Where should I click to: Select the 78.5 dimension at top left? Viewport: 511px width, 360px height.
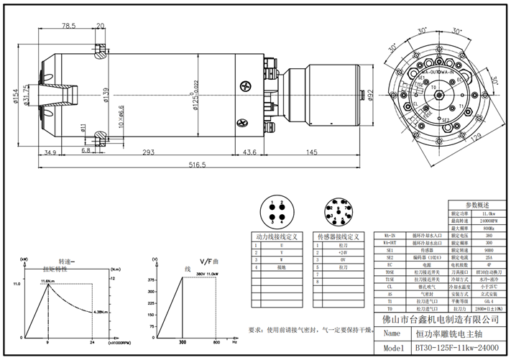(x=68, y=26)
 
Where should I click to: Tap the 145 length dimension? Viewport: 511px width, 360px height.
(x=312, y=152)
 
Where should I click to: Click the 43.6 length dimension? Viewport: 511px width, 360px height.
(x=249, y=152)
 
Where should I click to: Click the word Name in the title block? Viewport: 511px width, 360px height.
(x=391, y=334)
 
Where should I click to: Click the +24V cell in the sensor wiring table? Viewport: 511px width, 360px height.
(x=344, y=252)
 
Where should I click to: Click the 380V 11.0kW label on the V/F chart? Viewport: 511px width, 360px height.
(x=207, y=274)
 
